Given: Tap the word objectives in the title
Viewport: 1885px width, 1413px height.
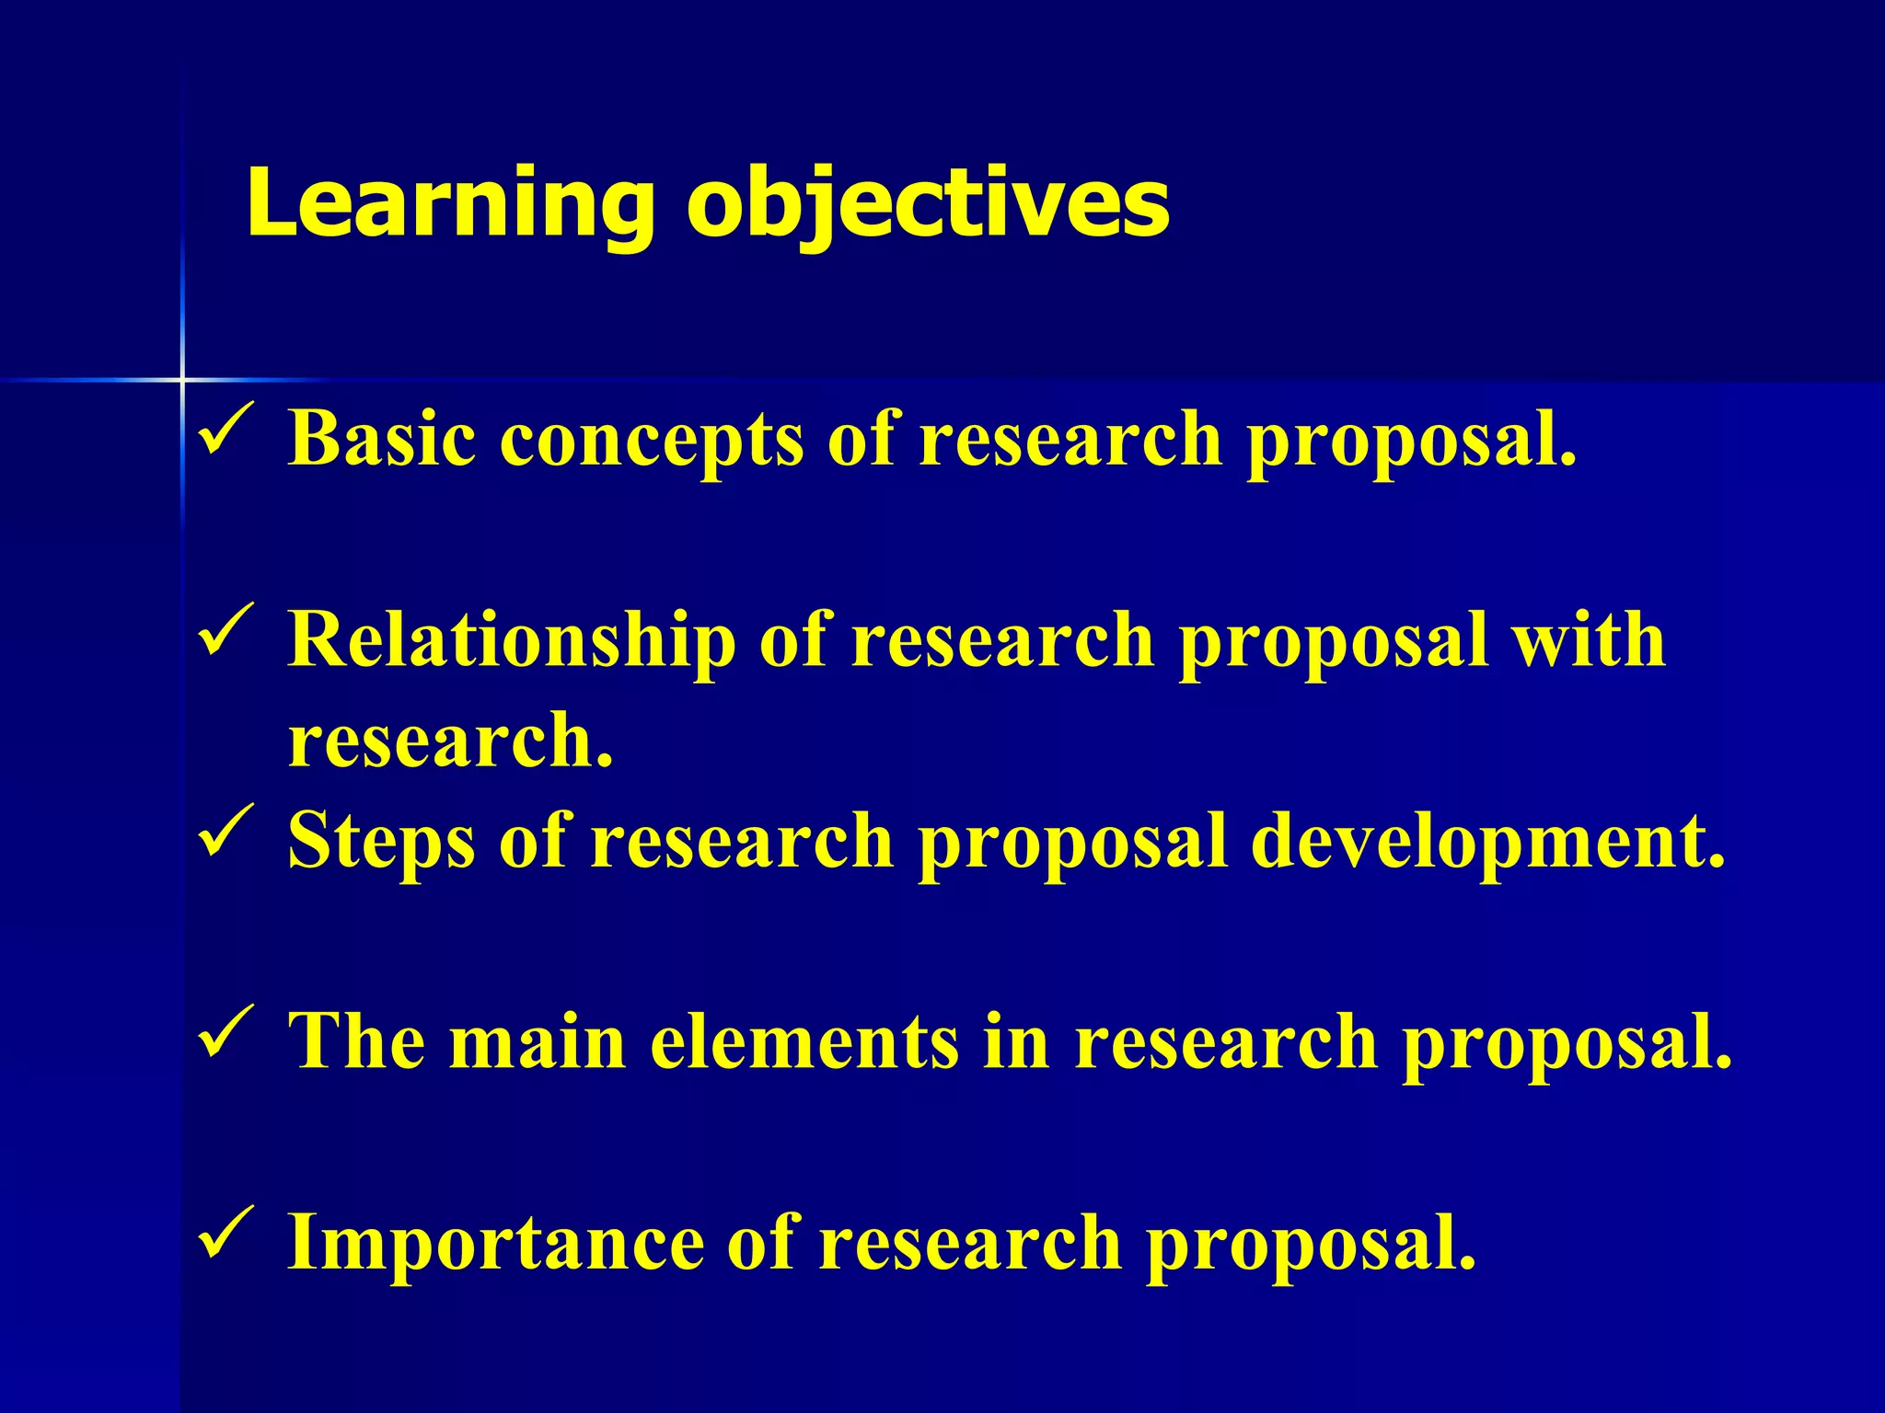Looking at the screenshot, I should point(928,204).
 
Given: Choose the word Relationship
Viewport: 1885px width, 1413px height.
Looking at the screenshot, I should point(512,641).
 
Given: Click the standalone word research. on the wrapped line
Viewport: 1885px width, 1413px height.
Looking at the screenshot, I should point(450,741).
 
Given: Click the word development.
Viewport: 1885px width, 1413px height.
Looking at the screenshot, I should point(1487,841).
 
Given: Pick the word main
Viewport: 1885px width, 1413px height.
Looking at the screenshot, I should point(538,1041).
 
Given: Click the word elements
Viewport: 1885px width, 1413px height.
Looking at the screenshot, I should point(804,1041).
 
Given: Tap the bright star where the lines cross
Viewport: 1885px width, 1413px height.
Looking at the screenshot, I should point(182,379).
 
